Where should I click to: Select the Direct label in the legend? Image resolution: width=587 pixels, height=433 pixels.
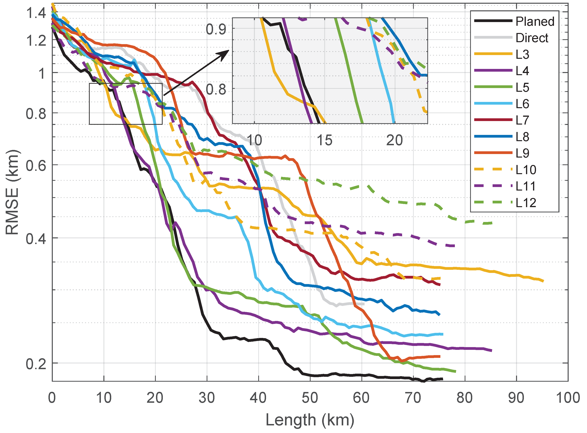point(532,38)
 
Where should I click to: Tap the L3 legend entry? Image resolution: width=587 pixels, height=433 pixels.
point(522,54)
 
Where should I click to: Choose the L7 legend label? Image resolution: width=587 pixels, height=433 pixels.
point(522,120)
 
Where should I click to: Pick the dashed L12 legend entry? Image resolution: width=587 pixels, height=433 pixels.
point(526,203)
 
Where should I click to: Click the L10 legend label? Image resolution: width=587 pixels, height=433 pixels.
point(526,170)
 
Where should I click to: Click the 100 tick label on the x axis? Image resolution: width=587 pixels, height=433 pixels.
point(568,398)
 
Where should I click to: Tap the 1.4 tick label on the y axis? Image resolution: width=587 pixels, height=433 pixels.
point(36,12)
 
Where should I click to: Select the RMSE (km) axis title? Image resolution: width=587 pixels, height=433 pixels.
point(12,192)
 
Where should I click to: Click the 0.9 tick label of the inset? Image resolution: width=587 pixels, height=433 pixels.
point(216,29)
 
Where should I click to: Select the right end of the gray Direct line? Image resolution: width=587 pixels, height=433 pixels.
point(364,304)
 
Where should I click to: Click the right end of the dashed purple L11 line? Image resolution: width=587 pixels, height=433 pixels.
point(454,246)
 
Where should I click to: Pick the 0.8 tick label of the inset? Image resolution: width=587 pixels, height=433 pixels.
point(216,90)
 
